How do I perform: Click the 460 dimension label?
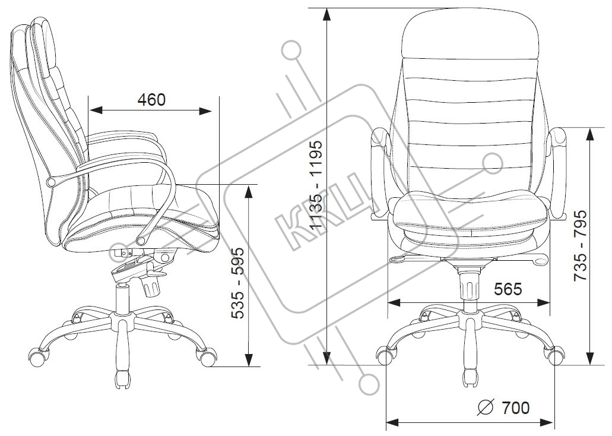(x=151, y=100)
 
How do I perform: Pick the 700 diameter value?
(x=515, y=408)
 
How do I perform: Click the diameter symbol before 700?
(x=485, y=408)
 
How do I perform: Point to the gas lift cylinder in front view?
(x=470, y=285)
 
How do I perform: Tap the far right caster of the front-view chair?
(x=555, y=356)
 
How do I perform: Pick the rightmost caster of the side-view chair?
(x=207, y=357)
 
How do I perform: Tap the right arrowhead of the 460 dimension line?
(x=206, y=110)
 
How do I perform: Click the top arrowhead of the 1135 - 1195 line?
(x=327, y=15)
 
